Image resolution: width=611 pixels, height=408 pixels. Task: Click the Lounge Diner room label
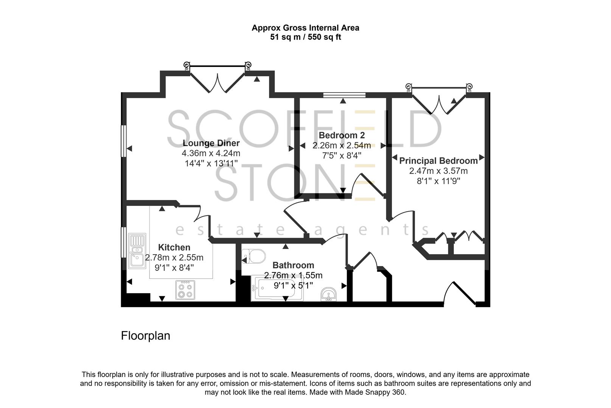[x=211, y=143]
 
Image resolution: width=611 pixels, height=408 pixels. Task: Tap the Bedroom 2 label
[x=342, y=135]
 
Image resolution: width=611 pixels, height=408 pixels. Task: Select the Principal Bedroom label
[x=438, y=161]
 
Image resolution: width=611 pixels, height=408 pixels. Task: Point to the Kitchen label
[x=174, y=247]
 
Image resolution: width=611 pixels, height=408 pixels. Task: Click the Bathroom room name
[x=293, y=265]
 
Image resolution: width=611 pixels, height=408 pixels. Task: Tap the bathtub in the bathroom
[x=277, y=289]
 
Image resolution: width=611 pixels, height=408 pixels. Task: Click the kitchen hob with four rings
[x=185, y=290]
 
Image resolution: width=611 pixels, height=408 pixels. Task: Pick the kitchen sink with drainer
[x=137, y=251]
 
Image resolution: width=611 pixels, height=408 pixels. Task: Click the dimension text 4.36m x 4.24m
[x=211, y=153]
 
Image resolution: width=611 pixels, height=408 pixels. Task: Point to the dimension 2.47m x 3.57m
[x=438, y=171]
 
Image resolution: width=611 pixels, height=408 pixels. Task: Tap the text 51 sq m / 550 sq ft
[x=305, y=37]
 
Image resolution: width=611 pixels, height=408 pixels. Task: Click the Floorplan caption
[x=145, y=336]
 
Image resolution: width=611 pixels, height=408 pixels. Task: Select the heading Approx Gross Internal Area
[x=305, y=28]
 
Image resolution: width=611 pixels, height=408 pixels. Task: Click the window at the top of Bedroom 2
[x=344, y=95]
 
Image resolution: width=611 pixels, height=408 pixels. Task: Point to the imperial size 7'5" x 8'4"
[x=342, y=155]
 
